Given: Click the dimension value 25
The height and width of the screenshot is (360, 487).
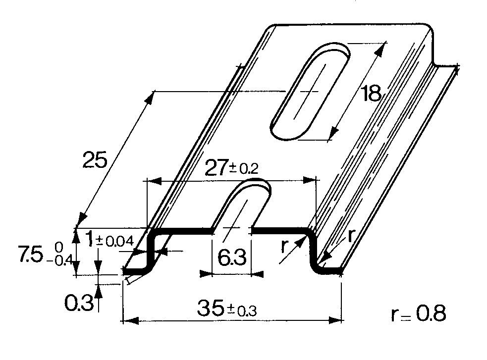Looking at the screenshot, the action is (x=95, y=160).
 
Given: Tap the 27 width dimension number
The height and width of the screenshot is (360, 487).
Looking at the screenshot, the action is (x=216, y=168).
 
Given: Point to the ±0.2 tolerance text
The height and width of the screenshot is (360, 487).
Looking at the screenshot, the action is (x=244, y=168).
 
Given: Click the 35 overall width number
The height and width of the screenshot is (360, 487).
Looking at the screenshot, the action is (x=210, y=308).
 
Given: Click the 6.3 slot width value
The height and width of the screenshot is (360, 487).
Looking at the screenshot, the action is (x=232, y=257).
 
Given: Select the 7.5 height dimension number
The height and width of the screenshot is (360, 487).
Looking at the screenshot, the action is (x=30, y=254).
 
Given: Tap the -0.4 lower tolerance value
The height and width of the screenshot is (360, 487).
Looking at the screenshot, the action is (x=59, y=260).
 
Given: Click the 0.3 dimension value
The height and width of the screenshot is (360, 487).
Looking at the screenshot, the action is (x=79, y=303).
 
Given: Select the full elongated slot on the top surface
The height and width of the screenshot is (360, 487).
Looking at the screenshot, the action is (x=311, y=92).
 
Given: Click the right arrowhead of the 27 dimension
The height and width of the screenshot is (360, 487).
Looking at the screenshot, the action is (x=310, y=180).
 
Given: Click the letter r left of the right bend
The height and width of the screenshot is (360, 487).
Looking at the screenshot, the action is (x=283, y=246).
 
